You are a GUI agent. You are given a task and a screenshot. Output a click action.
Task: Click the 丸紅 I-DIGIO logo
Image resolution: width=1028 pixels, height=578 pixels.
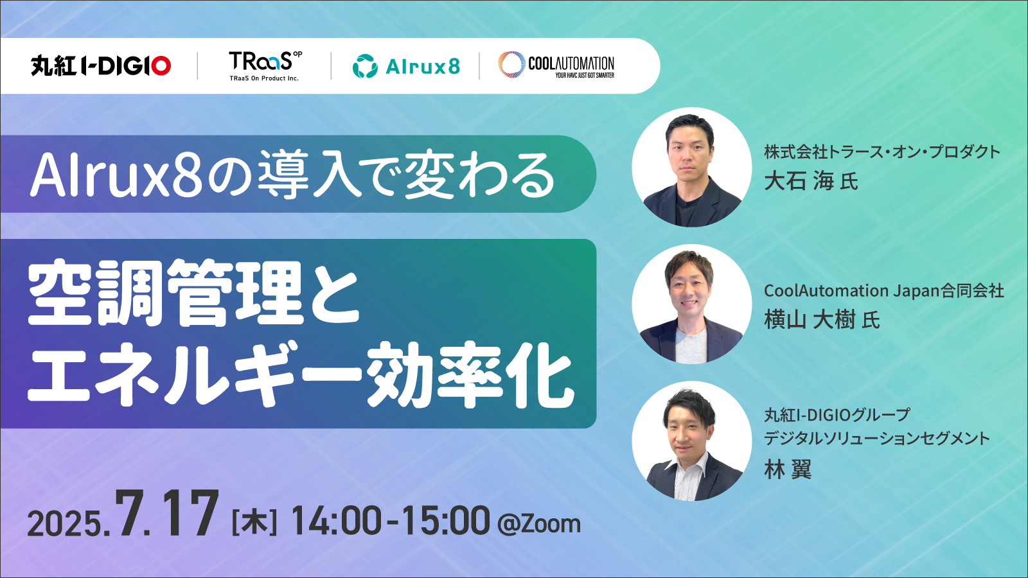(x=101, y=66)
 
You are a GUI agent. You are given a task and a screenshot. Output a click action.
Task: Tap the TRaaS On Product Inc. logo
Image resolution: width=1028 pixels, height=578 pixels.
(x=265, y=66)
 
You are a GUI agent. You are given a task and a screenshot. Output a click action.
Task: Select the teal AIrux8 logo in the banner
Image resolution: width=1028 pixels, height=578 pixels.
(x=406, y=66)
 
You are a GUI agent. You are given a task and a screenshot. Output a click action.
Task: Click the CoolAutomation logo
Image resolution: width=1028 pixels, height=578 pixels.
(x=556, y=65)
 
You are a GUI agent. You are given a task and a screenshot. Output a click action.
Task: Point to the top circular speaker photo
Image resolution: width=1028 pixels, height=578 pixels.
(x=691, y=167)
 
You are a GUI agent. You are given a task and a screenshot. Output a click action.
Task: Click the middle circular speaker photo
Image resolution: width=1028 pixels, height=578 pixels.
(x=691, y=304)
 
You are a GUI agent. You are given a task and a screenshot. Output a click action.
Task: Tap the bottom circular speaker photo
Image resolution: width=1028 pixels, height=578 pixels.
(x=691, y=441)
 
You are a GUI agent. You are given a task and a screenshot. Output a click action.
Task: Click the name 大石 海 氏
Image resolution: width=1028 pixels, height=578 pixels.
(x=811, y=180)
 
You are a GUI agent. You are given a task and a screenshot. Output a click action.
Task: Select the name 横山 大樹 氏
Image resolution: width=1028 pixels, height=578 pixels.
(x=822, y=320)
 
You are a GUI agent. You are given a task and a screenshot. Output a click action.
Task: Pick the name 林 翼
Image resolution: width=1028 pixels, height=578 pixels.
(x=788, y=469)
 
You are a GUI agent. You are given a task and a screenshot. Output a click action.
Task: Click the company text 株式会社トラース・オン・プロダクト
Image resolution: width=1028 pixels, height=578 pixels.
(x=882, y=152)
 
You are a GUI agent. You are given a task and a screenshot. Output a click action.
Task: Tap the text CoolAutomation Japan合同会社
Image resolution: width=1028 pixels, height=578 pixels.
(x=884, y=291)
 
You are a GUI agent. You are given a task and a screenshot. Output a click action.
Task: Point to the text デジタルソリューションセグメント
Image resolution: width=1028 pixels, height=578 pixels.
(x=877, y=439)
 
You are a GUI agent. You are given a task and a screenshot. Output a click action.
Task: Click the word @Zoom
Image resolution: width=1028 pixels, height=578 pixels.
(x=539, y=524)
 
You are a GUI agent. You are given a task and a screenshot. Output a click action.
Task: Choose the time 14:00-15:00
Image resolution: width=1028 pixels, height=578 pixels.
(x=390, y=521)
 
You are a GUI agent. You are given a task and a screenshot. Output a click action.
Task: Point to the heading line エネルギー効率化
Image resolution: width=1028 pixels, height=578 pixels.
(x=301, y=374)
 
